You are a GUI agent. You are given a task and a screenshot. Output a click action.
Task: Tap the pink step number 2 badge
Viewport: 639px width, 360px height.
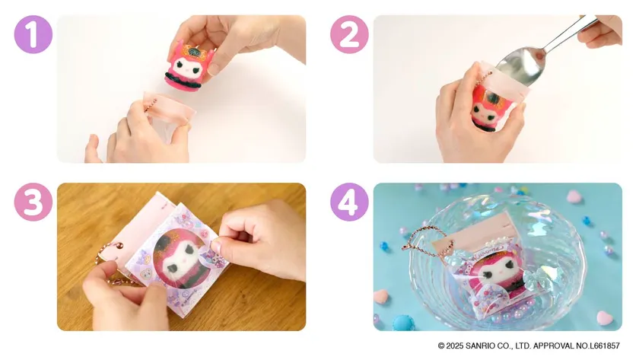[349, 34]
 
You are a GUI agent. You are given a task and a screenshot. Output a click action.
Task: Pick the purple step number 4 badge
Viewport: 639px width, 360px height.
[349, 202]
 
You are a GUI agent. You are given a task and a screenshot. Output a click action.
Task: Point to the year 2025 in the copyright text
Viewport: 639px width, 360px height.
[461, 346]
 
